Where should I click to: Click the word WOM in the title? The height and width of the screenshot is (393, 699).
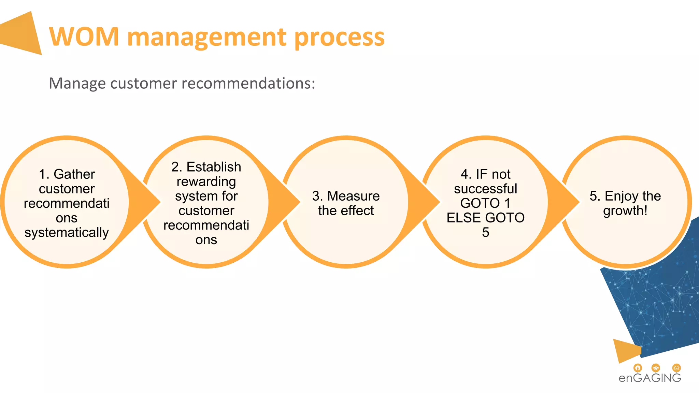click(84, 37)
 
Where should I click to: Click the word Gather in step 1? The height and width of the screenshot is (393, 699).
click(74, 174)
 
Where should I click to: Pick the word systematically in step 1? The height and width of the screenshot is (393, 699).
click(67, 232)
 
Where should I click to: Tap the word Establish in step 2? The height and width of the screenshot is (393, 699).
click(214, 167)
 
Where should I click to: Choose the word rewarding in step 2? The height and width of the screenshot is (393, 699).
click(206, 181)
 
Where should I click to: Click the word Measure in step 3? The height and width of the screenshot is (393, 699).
click(353, 196)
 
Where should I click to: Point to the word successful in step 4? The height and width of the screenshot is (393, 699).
click(485, 189)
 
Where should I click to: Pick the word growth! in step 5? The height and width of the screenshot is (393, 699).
click(625, 211)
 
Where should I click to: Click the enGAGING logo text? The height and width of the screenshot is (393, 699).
click(650, 378)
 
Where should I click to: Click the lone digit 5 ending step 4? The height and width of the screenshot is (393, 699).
click(485, 232)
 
